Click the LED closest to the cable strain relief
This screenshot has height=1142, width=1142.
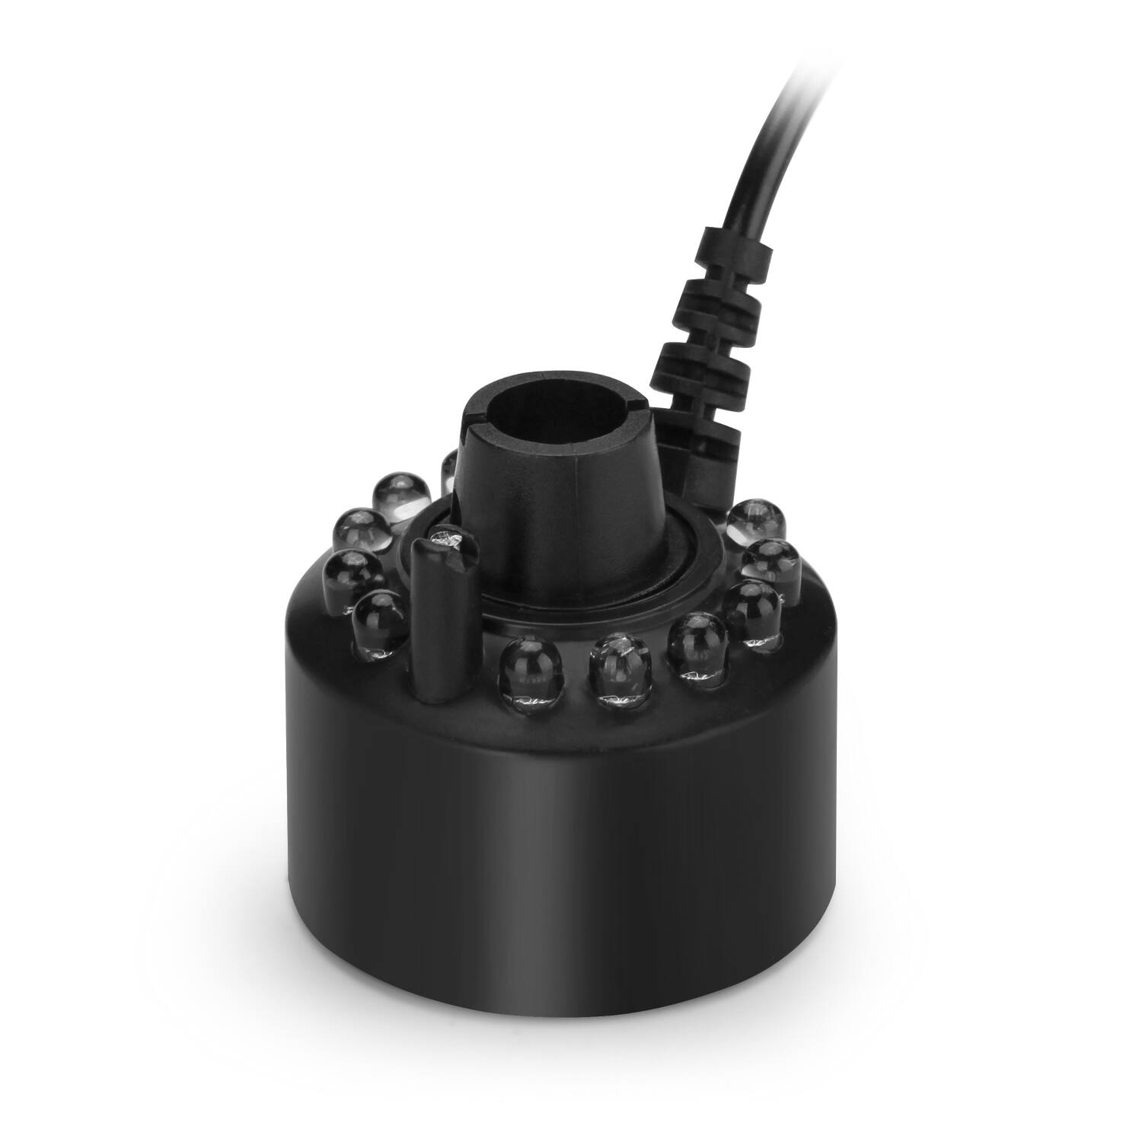pyautogui.click(x=754, y=522)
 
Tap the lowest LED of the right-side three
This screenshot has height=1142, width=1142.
pyautogui.click(x=752, y=609)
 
